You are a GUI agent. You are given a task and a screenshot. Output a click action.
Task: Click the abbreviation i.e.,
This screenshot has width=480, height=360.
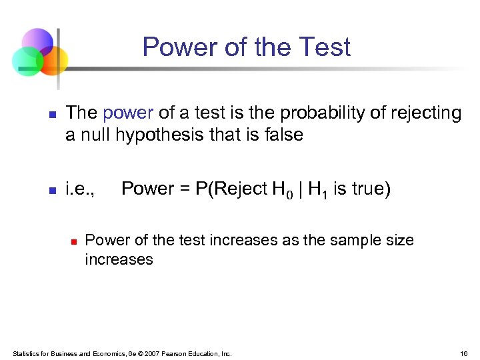click(x=80, y=189)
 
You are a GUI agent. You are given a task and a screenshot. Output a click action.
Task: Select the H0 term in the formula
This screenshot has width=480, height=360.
click(x=279, y=190)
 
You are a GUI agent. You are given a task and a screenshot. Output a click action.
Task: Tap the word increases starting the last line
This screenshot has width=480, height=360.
click(x=119, y=259)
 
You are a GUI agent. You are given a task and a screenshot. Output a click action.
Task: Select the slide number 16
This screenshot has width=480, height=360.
click(x=463, y=353)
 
